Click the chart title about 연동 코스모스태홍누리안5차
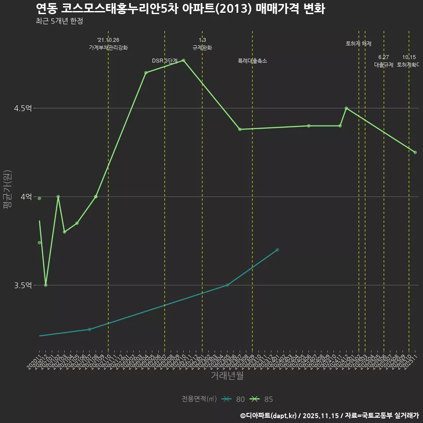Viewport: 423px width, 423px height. [180, 8]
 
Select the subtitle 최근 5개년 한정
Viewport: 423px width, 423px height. [59, 21]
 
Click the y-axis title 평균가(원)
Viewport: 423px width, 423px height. [7, 190]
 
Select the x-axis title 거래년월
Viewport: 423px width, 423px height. [227, 376]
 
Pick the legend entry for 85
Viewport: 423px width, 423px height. [261, 399]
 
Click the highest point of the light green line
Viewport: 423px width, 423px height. [183, 60]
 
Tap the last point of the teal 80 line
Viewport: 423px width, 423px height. [277, 250]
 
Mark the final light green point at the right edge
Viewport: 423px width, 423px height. [415, 152]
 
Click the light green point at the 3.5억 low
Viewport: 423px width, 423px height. [46, 285]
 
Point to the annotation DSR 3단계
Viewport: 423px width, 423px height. [164, 61]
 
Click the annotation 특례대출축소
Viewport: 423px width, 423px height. [252, 61]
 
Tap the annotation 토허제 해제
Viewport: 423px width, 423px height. [359, 44]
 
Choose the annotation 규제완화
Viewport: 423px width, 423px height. [202, 48]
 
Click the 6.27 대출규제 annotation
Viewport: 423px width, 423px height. [383, 61]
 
